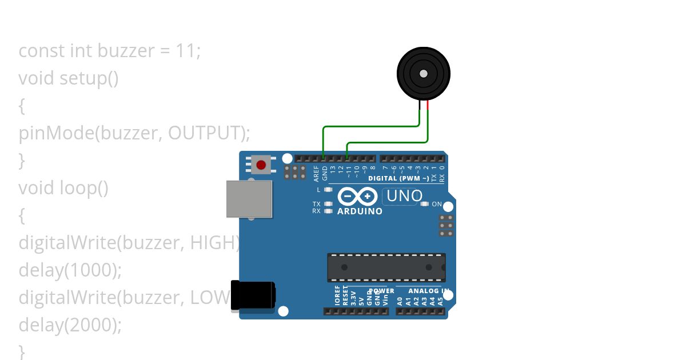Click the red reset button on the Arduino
[x=261, y=165]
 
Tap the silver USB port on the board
[x=249, y=199]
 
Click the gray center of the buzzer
[x=423, y=74]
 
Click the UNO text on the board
[x=404, y=196]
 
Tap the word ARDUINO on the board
[x=360, y=211]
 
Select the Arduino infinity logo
[x=357, y=197]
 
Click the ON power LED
[x=424, y=204]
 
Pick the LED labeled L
[x=328, y=189]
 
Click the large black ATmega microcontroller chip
[x=386, y=267]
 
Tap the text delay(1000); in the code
[x=70, y=270]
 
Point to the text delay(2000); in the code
[x=70, y=325]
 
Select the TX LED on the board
[x=328, y=204]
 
